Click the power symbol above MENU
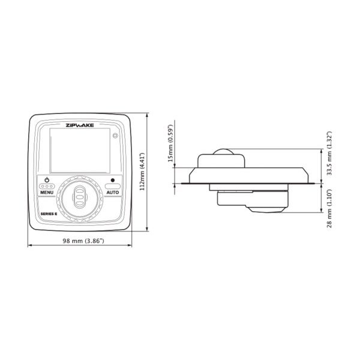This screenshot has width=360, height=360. pyautogui.click(x=47, y=179)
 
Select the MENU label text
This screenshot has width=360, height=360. pyautogui.click(x=47, y=200)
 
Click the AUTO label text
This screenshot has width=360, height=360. pyautogui.click(x=112, y=200)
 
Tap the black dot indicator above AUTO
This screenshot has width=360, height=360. pyautogui.click(x=112, y=179)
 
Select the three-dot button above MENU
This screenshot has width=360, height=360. pyautogui.click(x=47, y=187)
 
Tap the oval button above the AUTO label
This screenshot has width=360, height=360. pyautogui.click(x=112, y=187)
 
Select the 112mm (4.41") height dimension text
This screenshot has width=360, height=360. pyautogui.click(x=142, y=170)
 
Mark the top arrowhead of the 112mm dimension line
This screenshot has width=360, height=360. pyautogui.click(x=148, y=113)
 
